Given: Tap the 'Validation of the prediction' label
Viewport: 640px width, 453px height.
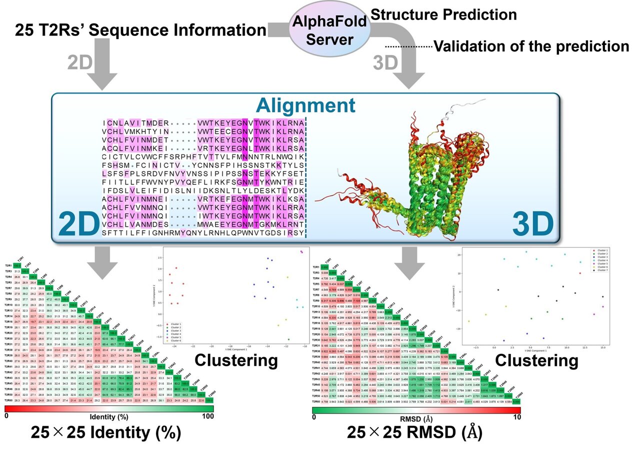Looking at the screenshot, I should [531, 47].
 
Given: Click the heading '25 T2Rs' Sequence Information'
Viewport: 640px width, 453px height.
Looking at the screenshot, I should [136, 31].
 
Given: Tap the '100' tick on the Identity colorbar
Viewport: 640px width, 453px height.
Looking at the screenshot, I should [206, 415].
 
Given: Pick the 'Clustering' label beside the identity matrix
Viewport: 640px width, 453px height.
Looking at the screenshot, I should [236, 360].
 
